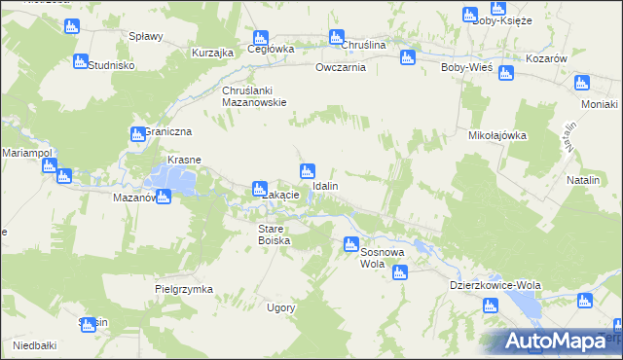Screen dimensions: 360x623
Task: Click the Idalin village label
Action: [325, 185]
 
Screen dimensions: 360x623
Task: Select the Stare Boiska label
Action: [274, 234]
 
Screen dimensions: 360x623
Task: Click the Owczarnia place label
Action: [340, 68]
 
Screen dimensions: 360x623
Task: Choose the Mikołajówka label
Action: [497, 136]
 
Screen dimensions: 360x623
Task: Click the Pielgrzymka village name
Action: [183, 289]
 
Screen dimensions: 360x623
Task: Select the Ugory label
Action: [281, 307]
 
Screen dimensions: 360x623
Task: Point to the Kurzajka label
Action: [211, 53]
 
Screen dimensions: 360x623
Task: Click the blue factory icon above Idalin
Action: [308, 170]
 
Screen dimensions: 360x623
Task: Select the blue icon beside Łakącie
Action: [260, 188]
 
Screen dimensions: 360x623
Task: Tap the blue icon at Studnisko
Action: [81, 61]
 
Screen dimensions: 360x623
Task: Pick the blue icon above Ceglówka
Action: [261, 36]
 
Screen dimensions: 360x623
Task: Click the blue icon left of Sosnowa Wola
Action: [348, 244]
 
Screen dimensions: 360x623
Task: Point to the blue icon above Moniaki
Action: [583, 84]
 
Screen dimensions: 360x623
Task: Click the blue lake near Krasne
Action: [170, 178]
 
